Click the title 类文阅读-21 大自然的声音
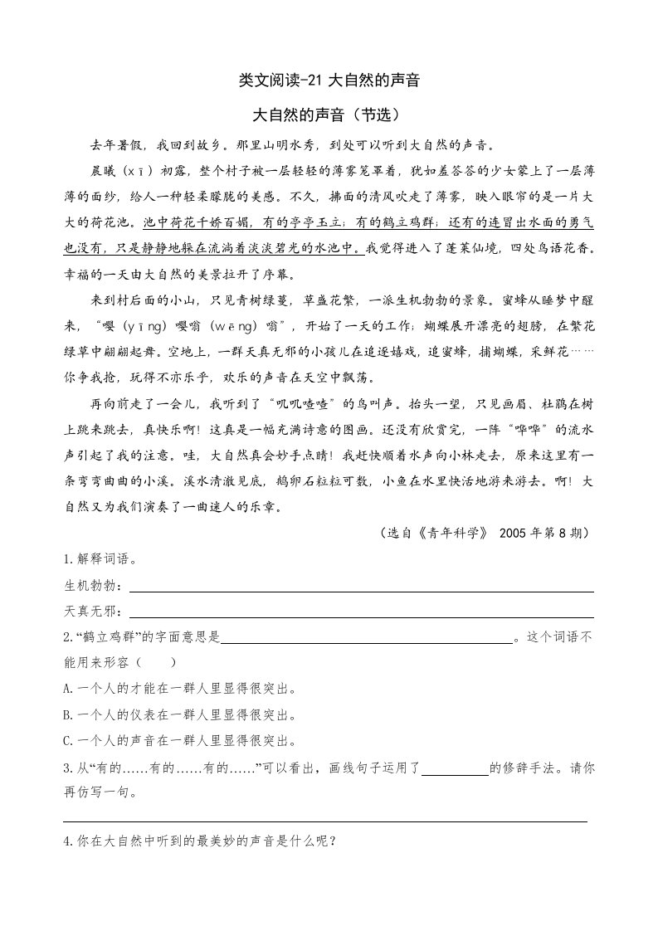(329, 80)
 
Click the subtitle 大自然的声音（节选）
(329, 115)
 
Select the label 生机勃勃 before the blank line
(91, 587)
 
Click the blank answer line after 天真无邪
(361, 615)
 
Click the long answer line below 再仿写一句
(325, 820)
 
